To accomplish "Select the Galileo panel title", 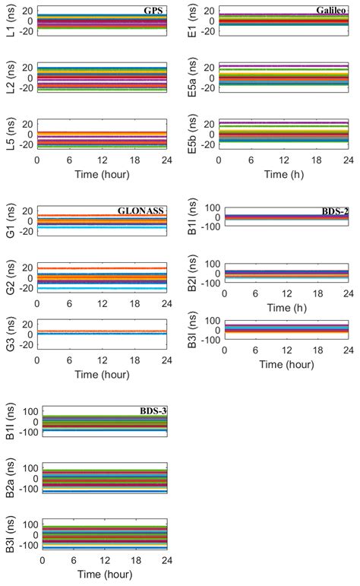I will pyautogui.click(x=332, y=11).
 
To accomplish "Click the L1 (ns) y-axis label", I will pyautogui.click(x=9, y=22).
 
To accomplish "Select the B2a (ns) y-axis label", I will pyautogui.click(x=9, y=477).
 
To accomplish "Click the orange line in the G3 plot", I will pyautogui.click(x=101, y=331).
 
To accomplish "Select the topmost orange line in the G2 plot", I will pyautogui.click(x=101, y=268).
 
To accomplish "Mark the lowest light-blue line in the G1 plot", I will pyautogui.click(x=101, y=227).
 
